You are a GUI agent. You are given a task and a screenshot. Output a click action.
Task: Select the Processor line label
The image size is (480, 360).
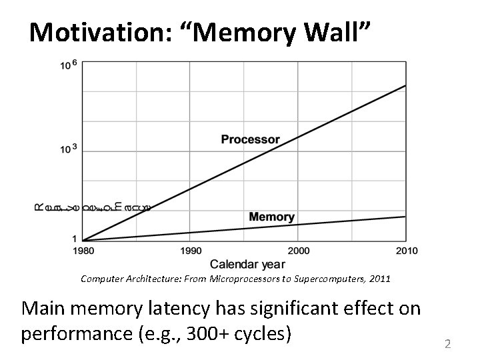[x=251, y=140]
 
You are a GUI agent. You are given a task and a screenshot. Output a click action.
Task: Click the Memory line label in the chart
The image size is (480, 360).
[x=271, y=217]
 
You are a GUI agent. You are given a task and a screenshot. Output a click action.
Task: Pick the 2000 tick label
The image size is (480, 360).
[x=297, y=251]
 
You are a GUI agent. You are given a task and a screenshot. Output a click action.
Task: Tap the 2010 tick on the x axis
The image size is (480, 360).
[x=407, y=251]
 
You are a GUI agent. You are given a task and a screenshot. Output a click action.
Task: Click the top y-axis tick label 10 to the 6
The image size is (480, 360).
[x=69, y=65]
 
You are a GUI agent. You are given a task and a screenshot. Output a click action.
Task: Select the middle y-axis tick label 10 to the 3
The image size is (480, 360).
[x=69, y=148]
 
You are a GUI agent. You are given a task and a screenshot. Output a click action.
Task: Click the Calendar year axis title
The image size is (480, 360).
[x=248, y=264]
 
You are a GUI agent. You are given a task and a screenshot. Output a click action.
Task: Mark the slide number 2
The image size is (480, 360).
[x=448, y=344]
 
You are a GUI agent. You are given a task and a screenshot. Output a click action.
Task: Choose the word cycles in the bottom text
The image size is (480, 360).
[x=265, y=332]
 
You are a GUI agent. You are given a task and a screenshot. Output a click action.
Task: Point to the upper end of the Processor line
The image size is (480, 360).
[x=405, y=85]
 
